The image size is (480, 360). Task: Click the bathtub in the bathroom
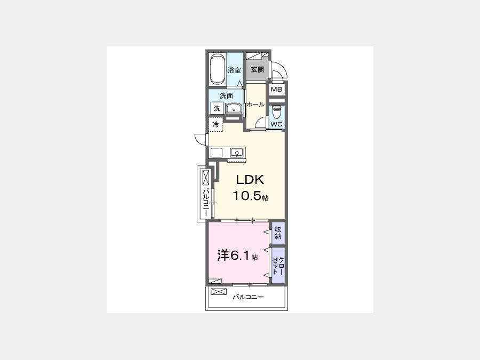[x=218, y=69]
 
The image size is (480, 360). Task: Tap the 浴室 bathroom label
[x=235, y=70]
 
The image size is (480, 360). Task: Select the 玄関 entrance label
[x=258, y=69]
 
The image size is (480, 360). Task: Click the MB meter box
[x=277, y=90]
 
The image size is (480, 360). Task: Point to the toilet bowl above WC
[x=277, y=112]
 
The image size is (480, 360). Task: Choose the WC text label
[x=276, y=124]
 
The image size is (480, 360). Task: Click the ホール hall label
[x=255, y=105]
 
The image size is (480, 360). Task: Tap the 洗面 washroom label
[x=227, y=95]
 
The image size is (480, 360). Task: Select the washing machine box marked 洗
[x=217, y=108]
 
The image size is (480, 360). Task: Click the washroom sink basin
[x=234, y=108]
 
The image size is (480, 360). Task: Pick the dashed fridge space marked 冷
[x=216, y=125]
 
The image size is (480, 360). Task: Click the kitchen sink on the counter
[x=237, y=152]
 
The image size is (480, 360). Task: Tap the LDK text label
[x=250, y=180]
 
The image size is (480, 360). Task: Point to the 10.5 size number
[x=247, y=196]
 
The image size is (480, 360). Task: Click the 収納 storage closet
[x=278, y=233]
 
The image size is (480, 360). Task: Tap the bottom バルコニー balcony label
[x=248, y=297]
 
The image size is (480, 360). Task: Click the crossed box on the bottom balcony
[x=219, y=291]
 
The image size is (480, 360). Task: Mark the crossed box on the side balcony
[x=206, y=178]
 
